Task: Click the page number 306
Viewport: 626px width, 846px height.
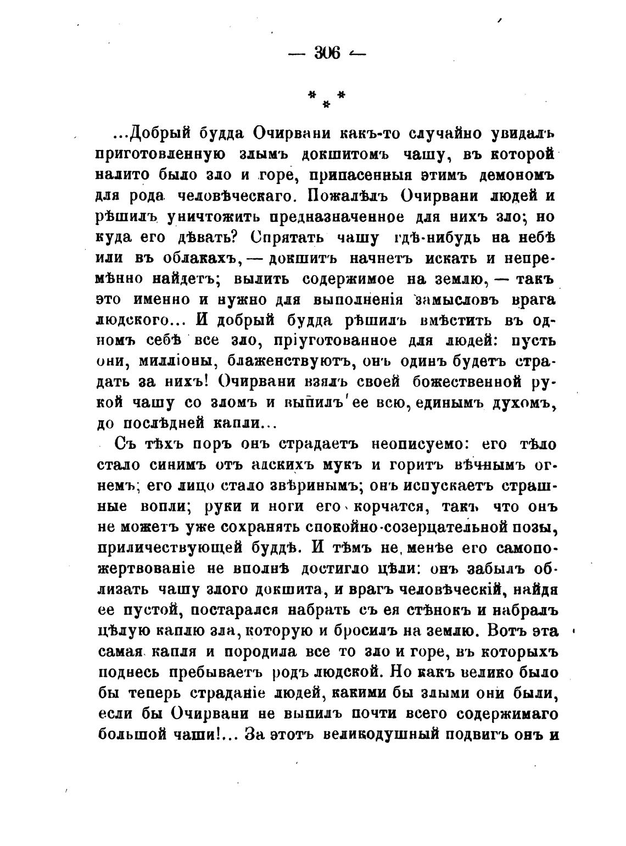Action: tap(327, 53)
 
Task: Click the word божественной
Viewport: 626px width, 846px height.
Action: tap(465, 382)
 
